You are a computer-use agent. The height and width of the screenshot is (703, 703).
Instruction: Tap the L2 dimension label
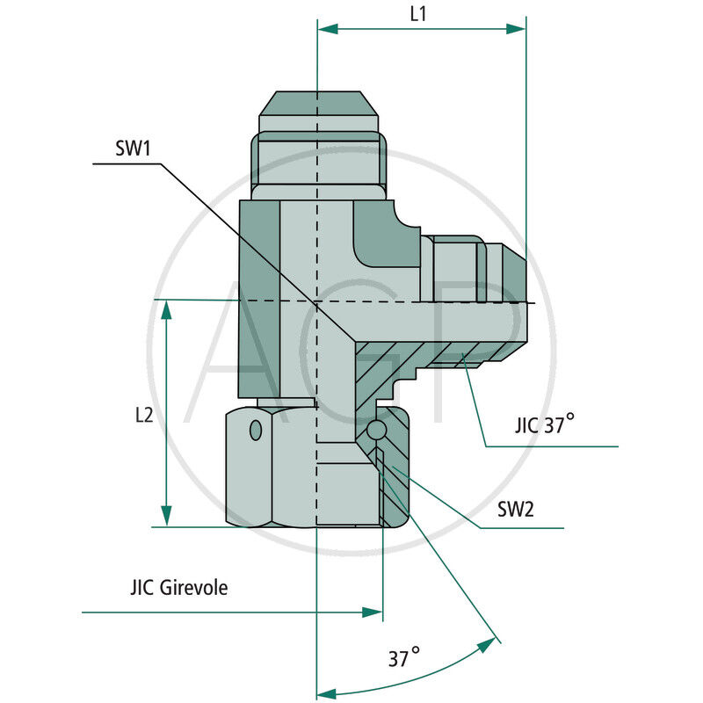coord(143,414)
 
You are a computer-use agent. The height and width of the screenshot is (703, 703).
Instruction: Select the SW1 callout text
coord(134,148)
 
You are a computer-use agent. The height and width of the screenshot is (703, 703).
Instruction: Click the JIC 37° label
coord(544,426)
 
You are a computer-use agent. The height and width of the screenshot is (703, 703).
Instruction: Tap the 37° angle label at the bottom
coord(403,657)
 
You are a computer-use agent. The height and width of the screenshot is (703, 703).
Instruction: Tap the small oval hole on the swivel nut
coord(256,430)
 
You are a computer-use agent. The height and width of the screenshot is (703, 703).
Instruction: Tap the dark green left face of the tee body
coord(259,299)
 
